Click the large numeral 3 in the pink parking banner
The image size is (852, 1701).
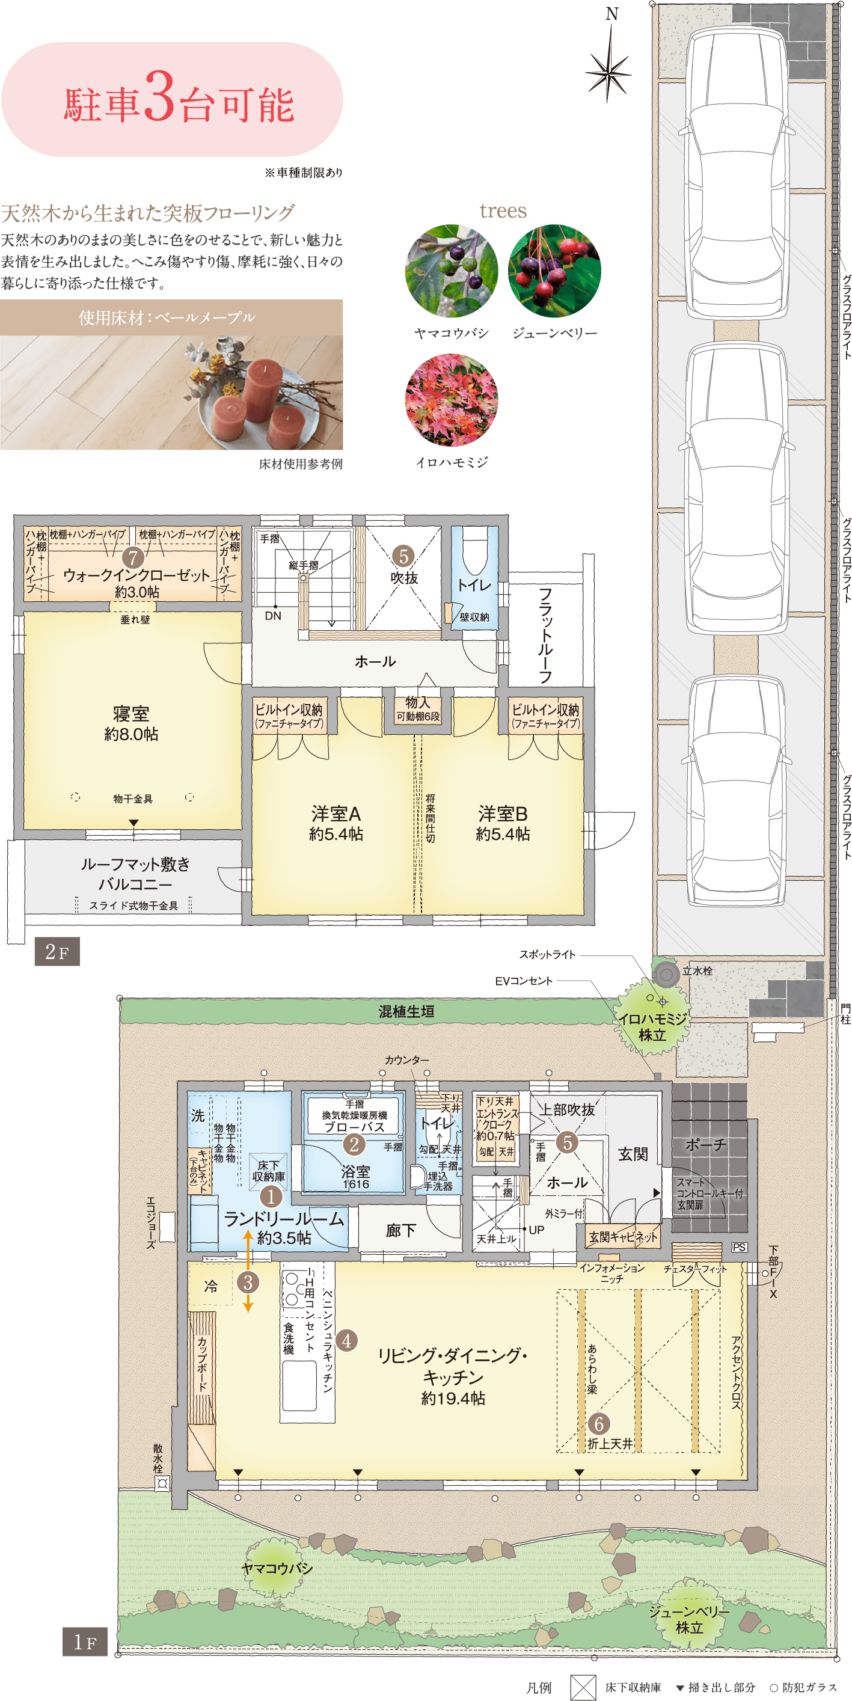(159, 99)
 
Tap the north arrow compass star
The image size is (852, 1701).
(609, 72)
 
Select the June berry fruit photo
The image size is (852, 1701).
(554, 271)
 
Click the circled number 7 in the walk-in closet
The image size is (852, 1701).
(133, 557)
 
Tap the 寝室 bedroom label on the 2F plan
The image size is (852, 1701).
(130, 714)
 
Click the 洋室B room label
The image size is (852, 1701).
(503, 814)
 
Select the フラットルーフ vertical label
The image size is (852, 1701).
(545, 634)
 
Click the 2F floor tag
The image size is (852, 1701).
(57, 952)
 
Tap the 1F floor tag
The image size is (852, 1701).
(85, 1641)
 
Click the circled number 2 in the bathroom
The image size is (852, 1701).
(354, 1144)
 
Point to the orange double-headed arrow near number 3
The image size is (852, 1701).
(248, 1270)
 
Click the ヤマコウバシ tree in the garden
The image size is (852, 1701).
(277, 1568)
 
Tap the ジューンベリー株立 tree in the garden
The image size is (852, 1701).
(688, 1619)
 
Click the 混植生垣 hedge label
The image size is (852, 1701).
(406, 1011)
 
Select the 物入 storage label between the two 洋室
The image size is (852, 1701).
(417, 703)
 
